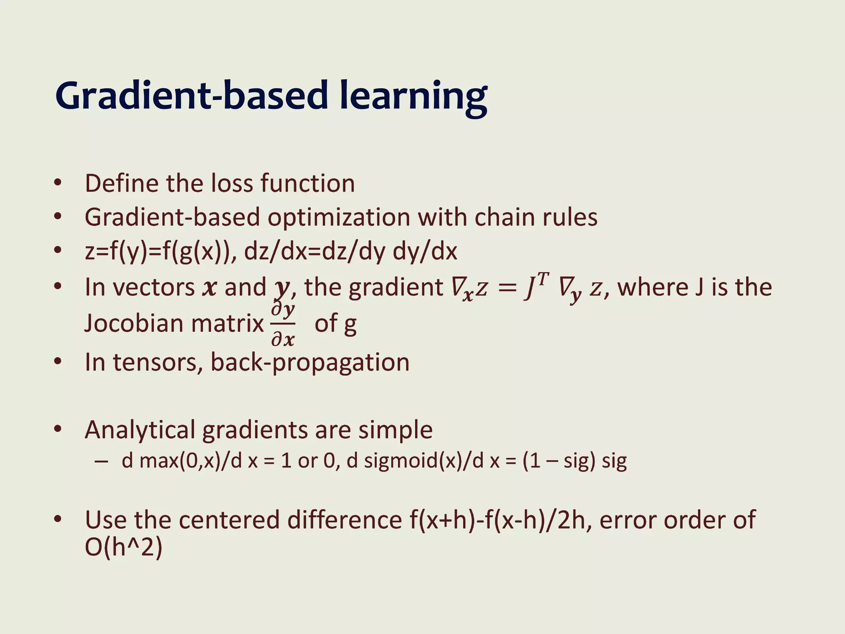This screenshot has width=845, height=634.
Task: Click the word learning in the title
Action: click(413, 97)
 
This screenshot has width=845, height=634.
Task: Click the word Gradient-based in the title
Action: click(192, 96)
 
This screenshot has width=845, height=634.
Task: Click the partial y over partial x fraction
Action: click(283, 324)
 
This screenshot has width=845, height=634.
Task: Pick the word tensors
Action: click(158, 362)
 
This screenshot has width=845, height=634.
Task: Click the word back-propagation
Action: click(310, 362)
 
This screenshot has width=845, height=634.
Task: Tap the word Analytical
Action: click(140, 430)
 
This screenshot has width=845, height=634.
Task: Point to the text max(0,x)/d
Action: click(191, 461)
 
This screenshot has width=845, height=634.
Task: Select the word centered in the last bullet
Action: click(229, 520)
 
